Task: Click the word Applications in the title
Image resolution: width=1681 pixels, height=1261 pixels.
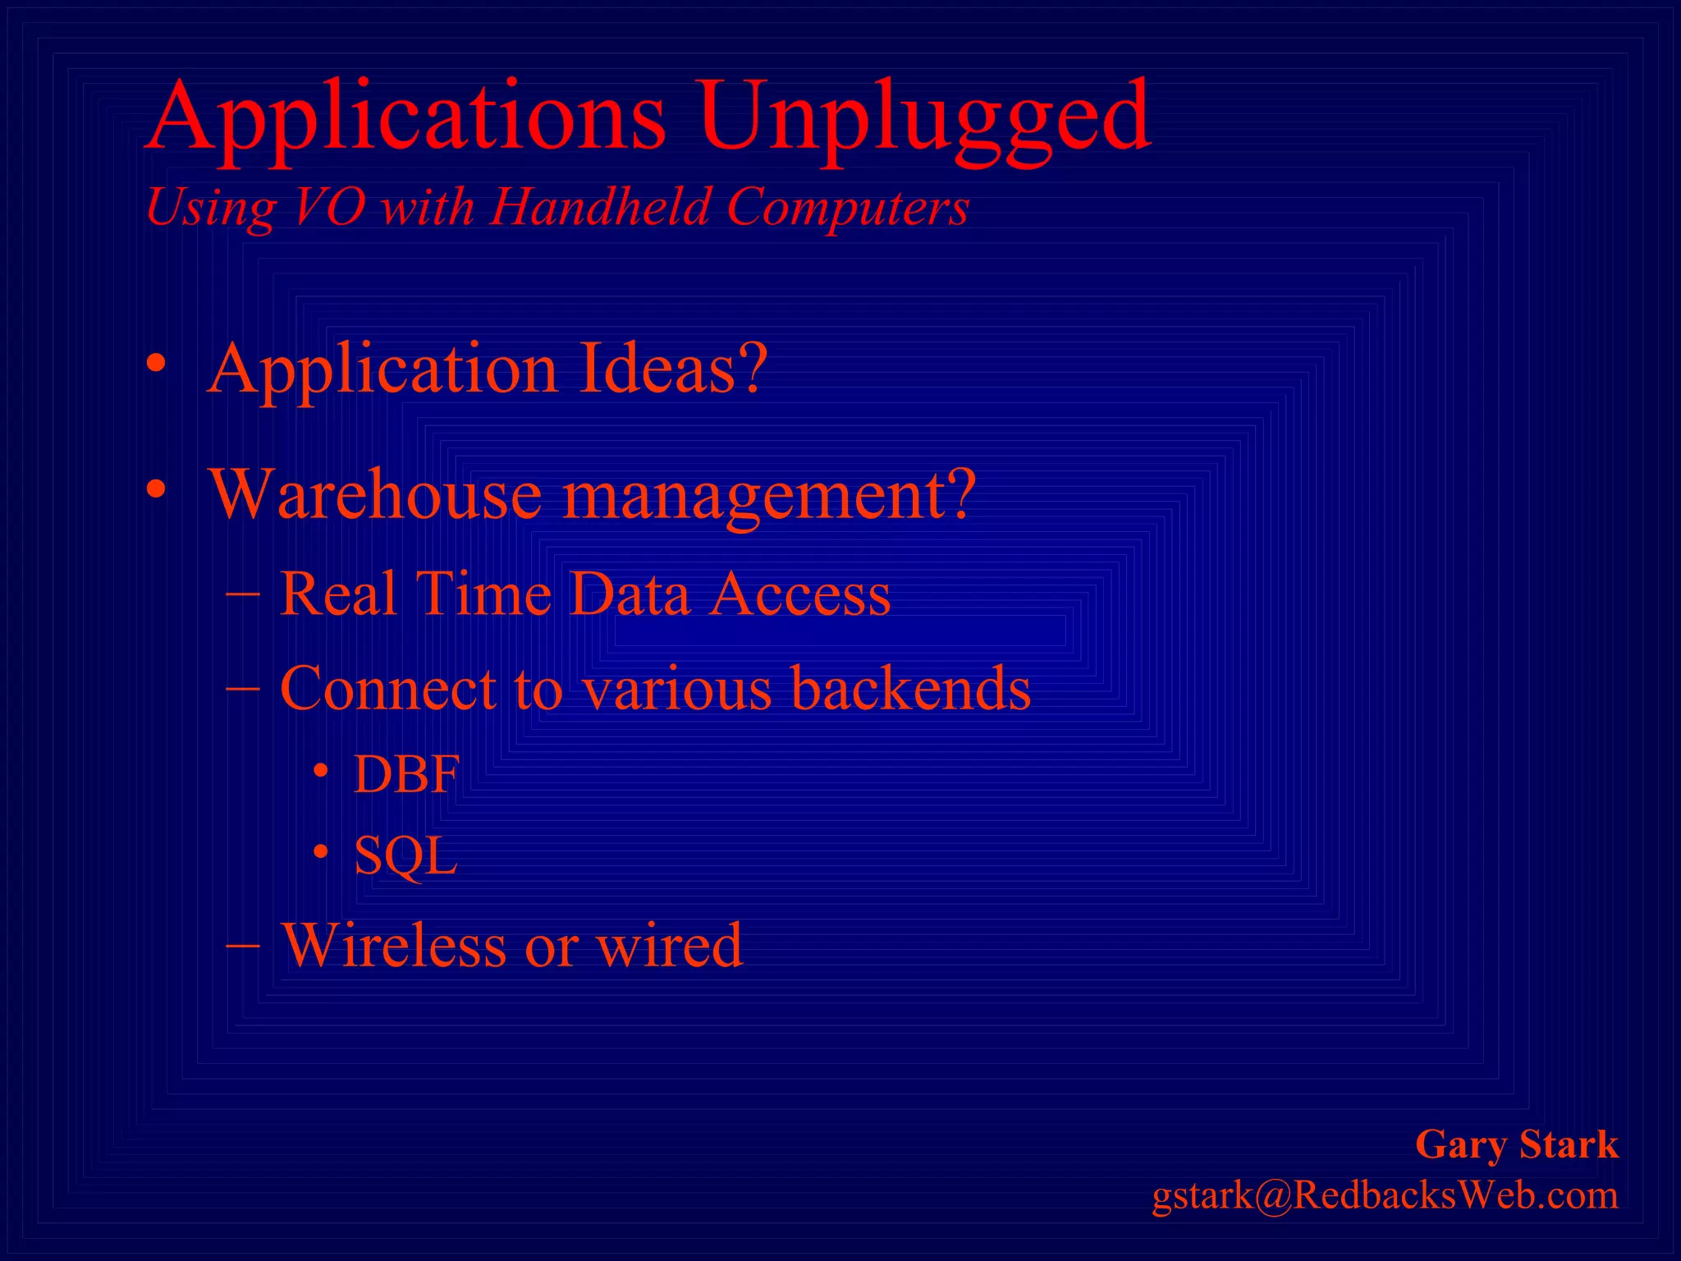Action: click(406, 119)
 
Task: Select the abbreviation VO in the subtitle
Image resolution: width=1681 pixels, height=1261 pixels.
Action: click(328, 207)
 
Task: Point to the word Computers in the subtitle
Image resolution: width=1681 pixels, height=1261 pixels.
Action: click(848, 207)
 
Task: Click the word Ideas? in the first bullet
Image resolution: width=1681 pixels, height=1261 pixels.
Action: click(673, 369)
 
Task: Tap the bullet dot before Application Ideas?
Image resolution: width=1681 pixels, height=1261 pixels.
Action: click(157, 364)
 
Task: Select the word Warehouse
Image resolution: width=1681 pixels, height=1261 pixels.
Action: click(376, 495)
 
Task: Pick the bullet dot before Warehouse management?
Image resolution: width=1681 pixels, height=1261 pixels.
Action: click(157, 490)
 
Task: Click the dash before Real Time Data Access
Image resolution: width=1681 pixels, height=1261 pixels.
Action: click(242, 593)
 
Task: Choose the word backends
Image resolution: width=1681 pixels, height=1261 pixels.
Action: click(911, 688)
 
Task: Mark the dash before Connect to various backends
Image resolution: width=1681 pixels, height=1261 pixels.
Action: click(242, 688)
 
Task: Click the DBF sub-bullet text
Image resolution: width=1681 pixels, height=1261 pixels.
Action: click(406, 773)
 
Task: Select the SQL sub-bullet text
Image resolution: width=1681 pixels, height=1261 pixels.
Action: click(405, 856)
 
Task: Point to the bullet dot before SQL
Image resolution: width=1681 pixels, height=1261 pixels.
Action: click(321, 853)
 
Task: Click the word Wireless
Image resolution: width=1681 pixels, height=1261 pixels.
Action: click(394, 945)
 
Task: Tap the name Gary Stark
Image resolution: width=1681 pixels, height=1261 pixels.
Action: click(1517, 1144)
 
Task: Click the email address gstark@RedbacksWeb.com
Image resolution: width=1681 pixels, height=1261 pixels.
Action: click(1385, 1195)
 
